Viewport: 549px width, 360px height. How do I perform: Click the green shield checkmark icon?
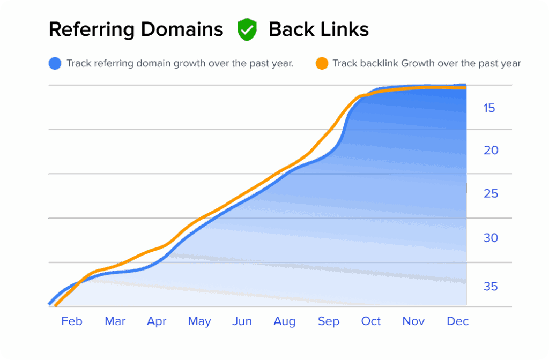point(247,29)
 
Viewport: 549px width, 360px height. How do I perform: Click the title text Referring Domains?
point(136,29)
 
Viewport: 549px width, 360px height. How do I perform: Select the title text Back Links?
point(318,29)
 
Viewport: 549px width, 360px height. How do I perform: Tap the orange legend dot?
point(321,63)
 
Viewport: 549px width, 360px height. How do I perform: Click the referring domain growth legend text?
point(180,63)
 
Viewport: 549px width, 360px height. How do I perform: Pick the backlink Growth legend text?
point(427,63)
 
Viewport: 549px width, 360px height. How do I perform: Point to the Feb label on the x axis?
point(72,321)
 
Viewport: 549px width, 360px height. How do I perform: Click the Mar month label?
point(115,321)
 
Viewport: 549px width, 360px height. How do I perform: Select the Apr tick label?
point(157,321)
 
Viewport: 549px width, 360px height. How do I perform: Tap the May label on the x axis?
point(199,321)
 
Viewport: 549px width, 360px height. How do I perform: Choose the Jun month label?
point(242,321)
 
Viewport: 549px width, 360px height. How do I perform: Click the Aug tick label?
point(284,321)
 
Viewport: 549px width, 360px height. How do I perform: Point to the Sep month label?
point(328,321)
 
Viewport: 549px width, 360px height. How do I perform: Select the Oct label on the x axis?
point(370,321)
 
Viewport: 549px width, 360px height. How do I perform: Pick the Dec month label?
point(458,321)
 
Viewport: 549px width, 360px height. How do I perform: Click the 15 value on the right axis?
point(489,108)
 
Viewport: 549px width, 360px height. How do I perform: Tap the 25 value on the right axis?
point(491,193)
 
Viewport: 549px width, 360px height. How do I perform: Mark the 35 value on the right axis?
point(491,287)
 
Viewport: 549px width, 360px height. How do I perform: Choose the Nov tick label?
point(413,321)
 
